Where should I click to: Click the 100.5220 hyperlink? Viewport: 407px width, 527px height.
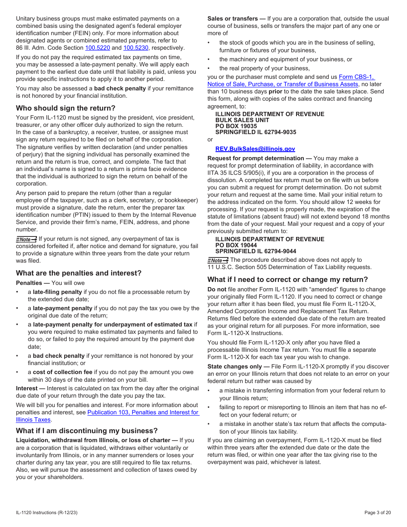[97, 48]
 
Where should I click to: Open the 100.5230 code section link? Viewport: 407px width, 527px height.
[135, 48]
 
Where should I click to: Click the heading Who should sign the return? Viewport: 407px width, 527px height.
[66, 108]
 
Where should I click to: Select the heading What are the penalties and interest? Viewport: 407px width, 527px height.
[78, 273]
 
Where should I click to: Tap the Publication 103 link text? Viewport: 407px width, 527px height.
[143, 413]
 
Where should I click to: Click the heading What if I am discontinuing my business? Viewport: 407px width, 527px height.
[87, 431]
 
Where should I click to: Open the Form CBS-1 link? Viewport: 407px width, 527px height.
[356, 77]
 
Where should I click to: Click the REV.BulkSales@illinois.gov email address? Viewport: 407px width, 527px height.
[255, 149]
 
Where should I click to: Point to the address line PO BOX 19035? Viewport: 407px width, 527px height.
[236, 126]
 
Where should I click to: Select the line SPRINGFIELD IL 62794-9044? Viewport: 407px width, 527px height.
[255, 252]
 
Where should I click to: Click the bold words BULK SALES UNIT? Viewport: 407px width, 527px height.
[242, 120]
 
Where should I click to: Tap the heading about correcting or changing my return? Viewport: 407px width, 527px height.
[287, 280]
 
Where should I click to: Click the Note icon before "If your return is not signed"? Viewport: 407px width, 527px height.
[26, 240]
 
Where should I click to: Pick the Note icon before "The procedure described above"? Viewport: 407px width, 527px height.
[218, 261]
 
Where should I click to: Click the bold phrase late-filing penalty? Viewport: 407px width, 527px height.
[57, 292]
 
